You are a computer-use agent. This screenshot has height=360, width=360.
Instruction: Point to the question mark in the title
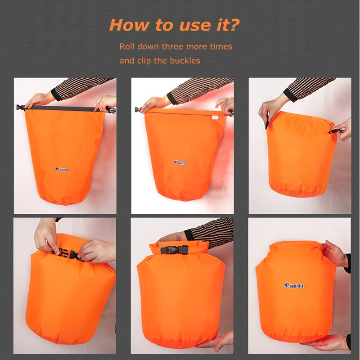click(x=234, y=25)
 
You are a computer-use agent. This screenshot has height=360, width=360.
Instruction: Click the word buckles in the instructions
click(x=184, y=60)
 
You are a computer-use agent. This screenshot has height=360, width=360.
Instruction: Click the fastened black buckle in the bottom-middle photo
click(x=175, y=250)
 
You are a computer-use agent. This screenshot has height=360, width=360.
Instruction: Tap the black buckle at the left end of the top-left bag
click(x=20, y=108)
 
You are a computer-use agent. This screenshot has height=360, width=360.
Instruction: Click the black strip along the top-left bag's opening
click(x=63, y=108)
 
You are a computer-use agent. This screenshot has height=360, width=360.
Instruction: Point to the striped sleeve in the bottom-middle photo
click(x=211, y=229)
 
